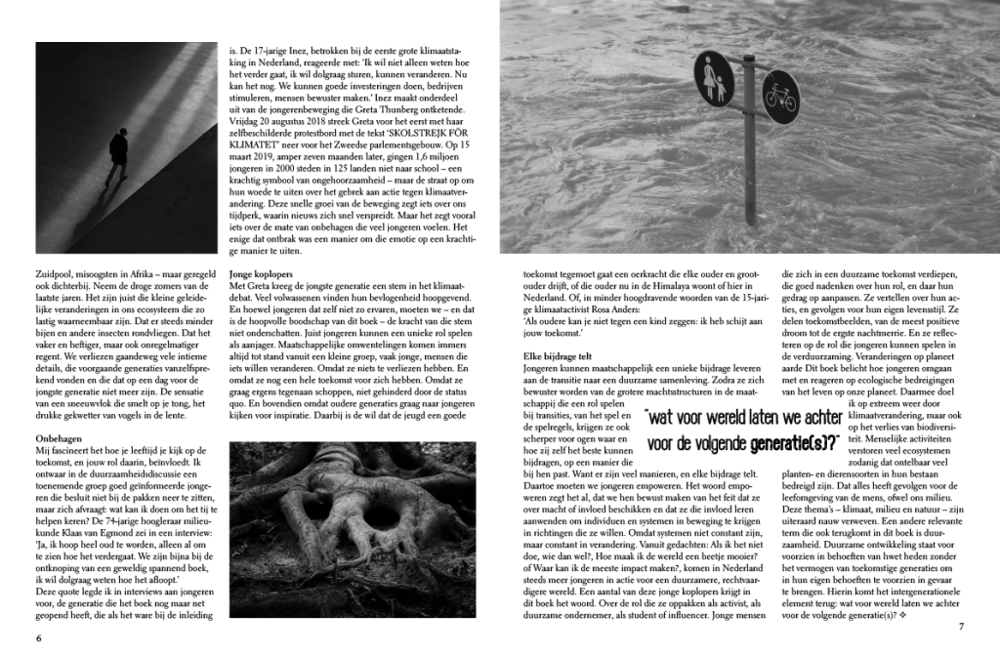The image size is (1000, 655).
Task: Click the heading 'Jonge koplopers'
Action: click(x=262, y=276)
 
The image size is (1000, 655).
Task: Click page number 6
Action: click(x=38, y=638)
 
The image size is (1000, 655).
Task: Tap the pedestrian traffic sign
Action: click(x=714, y=79)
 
